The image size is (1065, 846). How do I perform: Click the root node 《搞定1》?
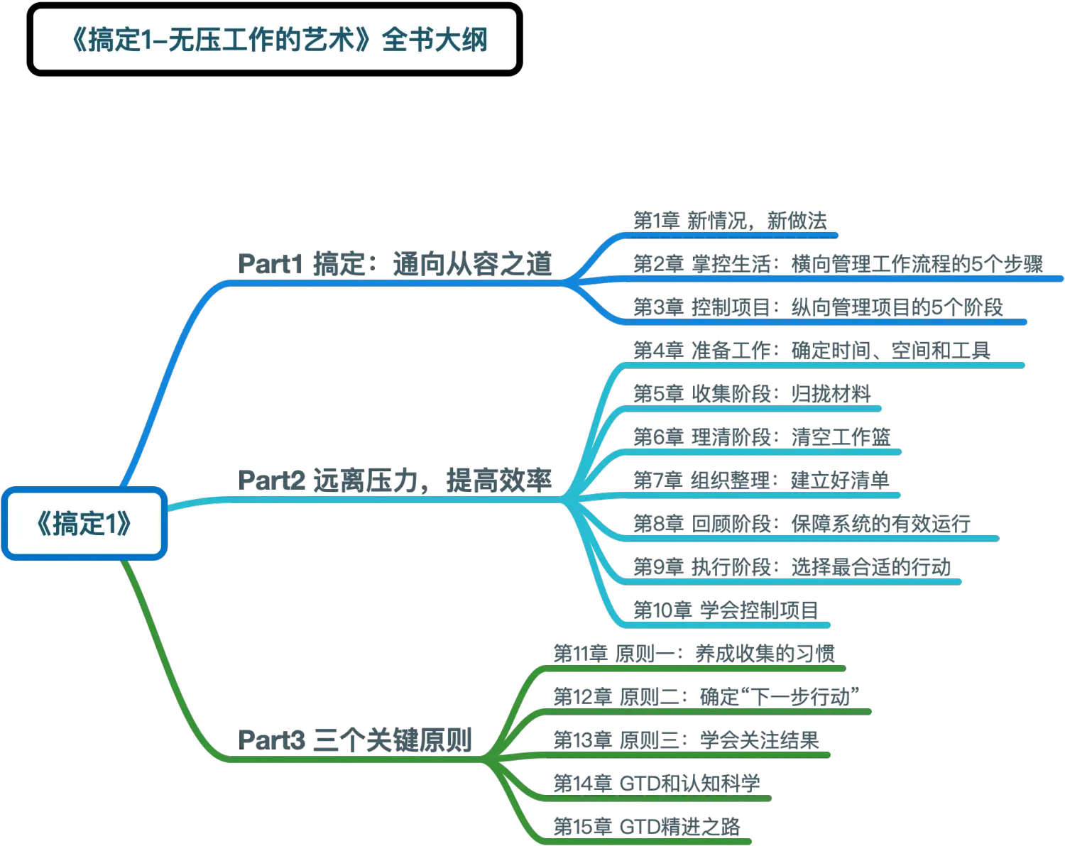[x=84, y=524]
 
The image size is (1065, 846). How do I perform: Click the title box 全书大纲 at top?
[x=275, y=40]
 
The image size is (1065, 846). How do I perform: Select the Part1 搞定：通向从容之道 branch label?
[x=395, y=264]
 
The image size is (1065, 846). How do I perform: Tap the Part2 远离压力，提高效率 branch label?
[x=395, y=480]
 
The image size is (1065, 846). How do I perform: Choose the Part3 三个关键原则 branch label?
[x=355, y=740]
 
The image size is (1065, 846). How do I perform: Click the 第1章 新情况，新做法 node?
[x=730, y=221]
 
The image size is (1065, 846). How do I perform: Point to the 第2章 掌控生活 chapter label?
[x=838, y=264]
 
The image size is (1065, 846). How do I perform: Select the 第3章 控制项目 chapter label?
[x=818, y=307]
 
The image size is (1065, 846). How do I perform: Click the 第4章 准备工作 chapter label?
[x=812, y=351]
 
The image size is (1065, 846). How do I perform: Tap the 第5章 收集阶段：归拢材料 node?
[x=752, y=394]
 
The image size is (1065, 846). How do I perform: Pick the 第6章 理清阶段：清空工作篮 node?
[x=762, y=437]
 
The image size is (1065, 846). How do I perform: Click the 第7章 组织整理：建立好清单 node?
[x=761, y=480]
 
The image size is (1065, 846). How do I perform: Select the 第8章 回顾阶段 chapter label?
[x=802, y=524]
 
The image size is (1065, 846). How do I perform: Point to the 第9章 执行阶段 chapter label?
[x=792, y=567]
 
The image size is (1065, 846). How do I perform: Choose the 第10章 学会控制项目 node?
[x=726, y=610]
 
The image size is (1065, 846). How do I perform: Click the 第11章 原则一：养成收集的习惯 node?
[x=694, y=654]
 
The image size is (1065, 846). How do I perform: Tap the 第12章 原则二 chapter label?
[x=706, y=697]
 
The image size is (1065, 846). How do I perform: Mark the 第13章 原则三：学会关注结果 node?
[x=686, y=740]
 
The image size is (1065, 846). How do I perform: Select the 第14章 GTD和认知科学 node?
[x=657, y=784]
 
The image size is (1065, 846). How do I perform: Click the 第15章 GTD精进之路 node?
[x=647, y=827]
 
